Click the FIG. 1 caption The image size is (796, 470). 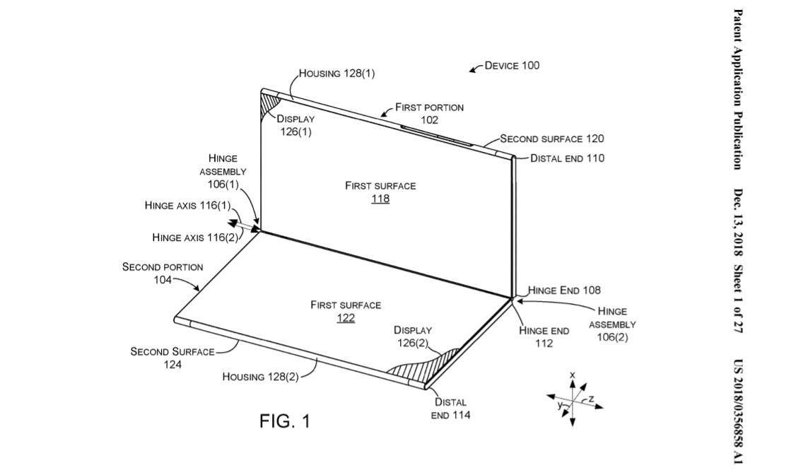tap(284, 421)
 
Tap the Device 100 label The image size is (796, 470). tap(512, 66)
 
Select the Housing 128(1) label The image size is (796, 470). tap(336, 73)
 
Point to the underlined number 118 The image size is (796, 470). tap(380, 199)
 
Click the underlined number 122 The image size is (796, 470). tap(346, 318)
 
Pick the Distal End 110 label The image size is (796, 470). tap(567, 158)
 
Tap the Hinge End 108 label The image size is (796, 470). tap(564, 290)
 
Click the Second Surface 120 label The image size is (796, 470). tap(552, 139)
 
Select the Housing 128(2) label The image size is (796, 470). tap(260, 377)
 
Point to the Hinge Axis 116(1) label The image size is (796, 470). tap(187, 206)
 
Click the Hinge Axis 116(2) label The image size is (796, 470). tap(195, 237)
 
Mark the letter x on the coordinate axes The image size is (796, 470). tap(573, 375)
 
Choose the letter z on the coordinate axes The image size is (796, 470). tap(592, 399)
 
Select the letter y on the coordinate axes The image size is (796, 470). tap(560, 405)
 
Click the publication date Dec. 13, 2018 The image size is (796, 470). tap(738, 223)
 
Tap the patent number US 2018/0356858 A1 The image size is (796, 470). tap(738, 411)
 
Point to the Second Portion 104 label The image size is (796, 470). tap(163, 273)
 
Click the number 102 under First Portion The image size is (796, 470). tap(430, 120)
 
